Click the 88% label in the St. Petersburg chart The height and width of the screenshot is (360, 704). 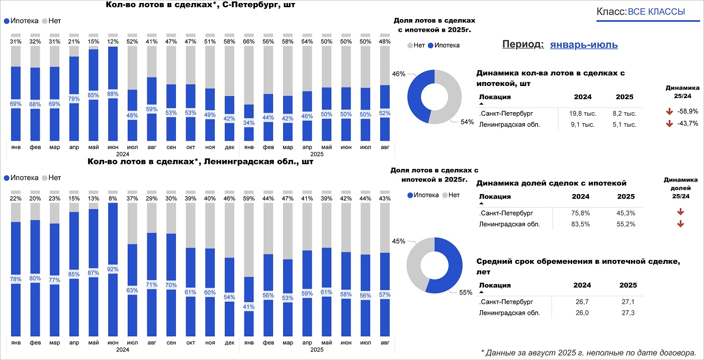click(113, 93)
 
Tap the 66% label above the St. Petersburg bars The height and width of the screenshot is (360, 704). click(248, 41)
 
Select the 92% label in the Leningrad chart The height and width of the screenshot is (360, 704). click(113, 268)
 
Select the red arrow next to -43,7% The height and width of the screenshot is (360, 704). click(669, 124)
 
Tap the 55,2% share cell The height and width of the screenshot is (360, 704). click(626, 224)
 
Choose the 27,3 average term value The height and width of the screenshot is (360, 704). click(628, 313)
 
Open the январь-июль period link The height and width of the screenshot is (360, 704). click(584, 45)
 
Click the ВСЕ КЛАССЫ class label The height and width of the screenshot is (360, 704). click(656, 12)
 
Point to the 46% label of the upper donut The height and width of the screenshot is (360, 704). click(399, 74)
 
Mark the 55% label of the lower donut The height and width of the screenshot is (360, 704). click(466, 292)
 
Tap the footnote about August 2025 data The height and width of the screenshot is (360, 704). click(588, 352)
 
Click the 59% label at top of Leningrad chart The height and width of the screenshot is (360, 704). click(248, 199)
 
